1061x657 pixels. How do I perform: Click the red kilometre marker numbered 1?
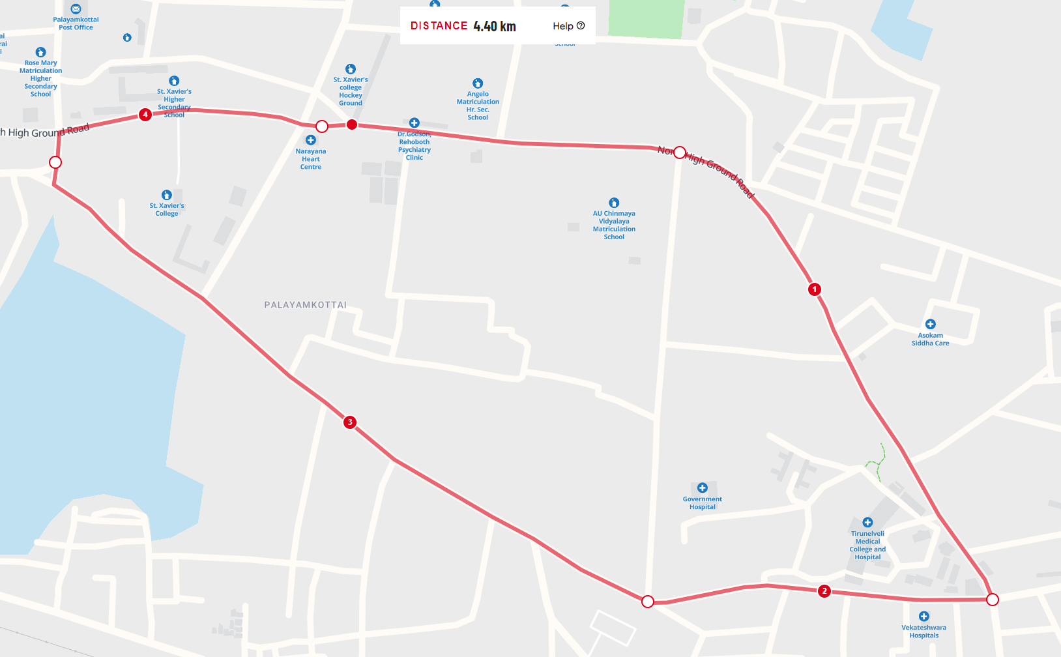814,289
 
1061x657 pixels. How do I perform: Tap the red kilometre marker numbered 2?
824,591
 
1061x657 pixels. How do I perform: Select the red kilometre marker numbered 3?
350,422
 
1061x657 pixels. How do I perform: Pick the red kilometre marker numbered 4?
145,115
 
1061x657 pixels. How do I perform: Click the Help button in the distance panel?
568,26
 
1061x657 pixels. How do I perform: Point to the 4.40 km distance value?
495,26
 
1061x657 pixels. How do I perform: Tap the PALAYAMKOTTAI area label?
306,305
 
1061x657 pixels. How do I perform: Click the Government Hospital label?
702,503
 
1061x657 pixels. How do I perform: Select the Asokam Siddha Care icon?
931,324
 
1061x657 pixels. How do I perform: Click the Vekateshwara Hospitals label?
923,632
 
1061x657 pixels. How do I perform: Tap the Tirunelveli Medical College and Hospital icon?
867,522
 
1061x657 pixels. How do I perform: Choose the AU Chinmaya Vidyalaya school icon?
614,203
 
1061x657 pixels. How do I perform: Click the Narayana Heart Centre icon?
311,140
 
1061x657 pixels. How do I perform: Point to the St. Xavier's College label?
167,210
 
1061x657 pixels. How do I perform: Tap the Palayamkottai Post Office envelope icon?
76,9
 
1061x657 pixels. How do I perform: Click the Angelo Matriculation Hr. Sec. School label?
478,106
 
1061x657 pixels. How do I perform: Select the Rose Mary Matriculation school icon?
40,52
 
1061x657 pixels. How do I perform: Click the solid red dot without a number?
352,124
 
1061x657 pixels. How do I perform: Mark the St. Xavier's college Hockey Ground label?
351,91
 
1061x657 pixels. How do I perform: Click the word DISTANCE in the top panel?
439,26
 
